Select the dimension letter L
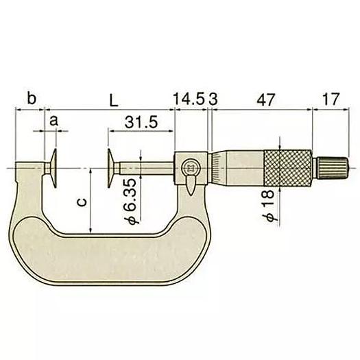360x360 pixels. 113,99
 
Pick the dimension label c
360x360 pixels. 82,204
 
